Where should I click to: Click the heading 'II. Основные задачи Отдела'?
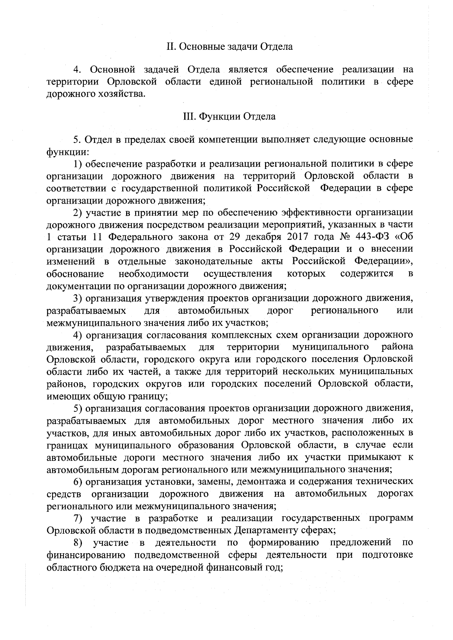coord(230,47)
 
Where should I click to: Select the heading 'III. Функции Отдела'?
coord(229,117)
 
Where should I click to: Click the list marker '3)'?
coord(79,298)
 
